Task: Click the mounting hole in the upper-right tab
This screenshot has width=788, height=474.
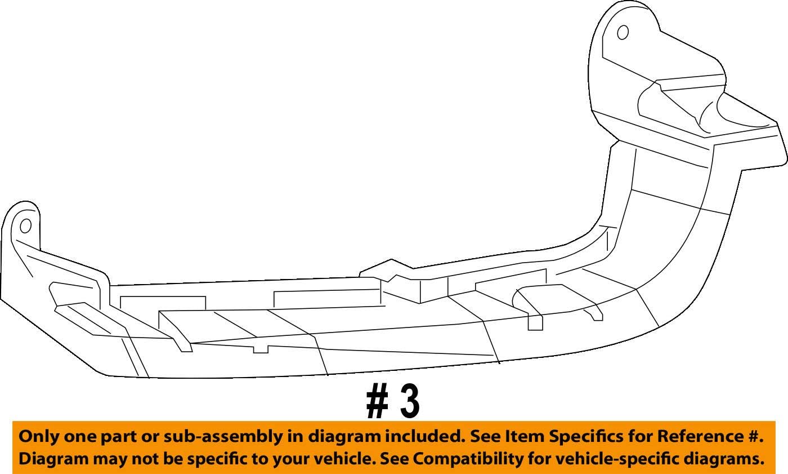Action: (x=623, y=33)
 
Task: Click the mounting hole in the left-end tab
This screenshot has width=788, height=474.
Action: (x=25, y=227)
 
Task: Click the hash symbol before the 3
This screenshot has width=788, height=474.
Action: (x=377, y=402)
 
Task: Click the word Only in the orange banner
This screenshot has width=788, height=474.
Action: (x=38, y=436)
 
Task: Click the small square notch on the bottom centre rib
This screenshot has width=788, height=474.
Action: (x=261, y=349)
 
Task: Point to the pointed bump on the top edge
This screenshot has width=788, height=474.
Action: (x=391, y=262)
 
